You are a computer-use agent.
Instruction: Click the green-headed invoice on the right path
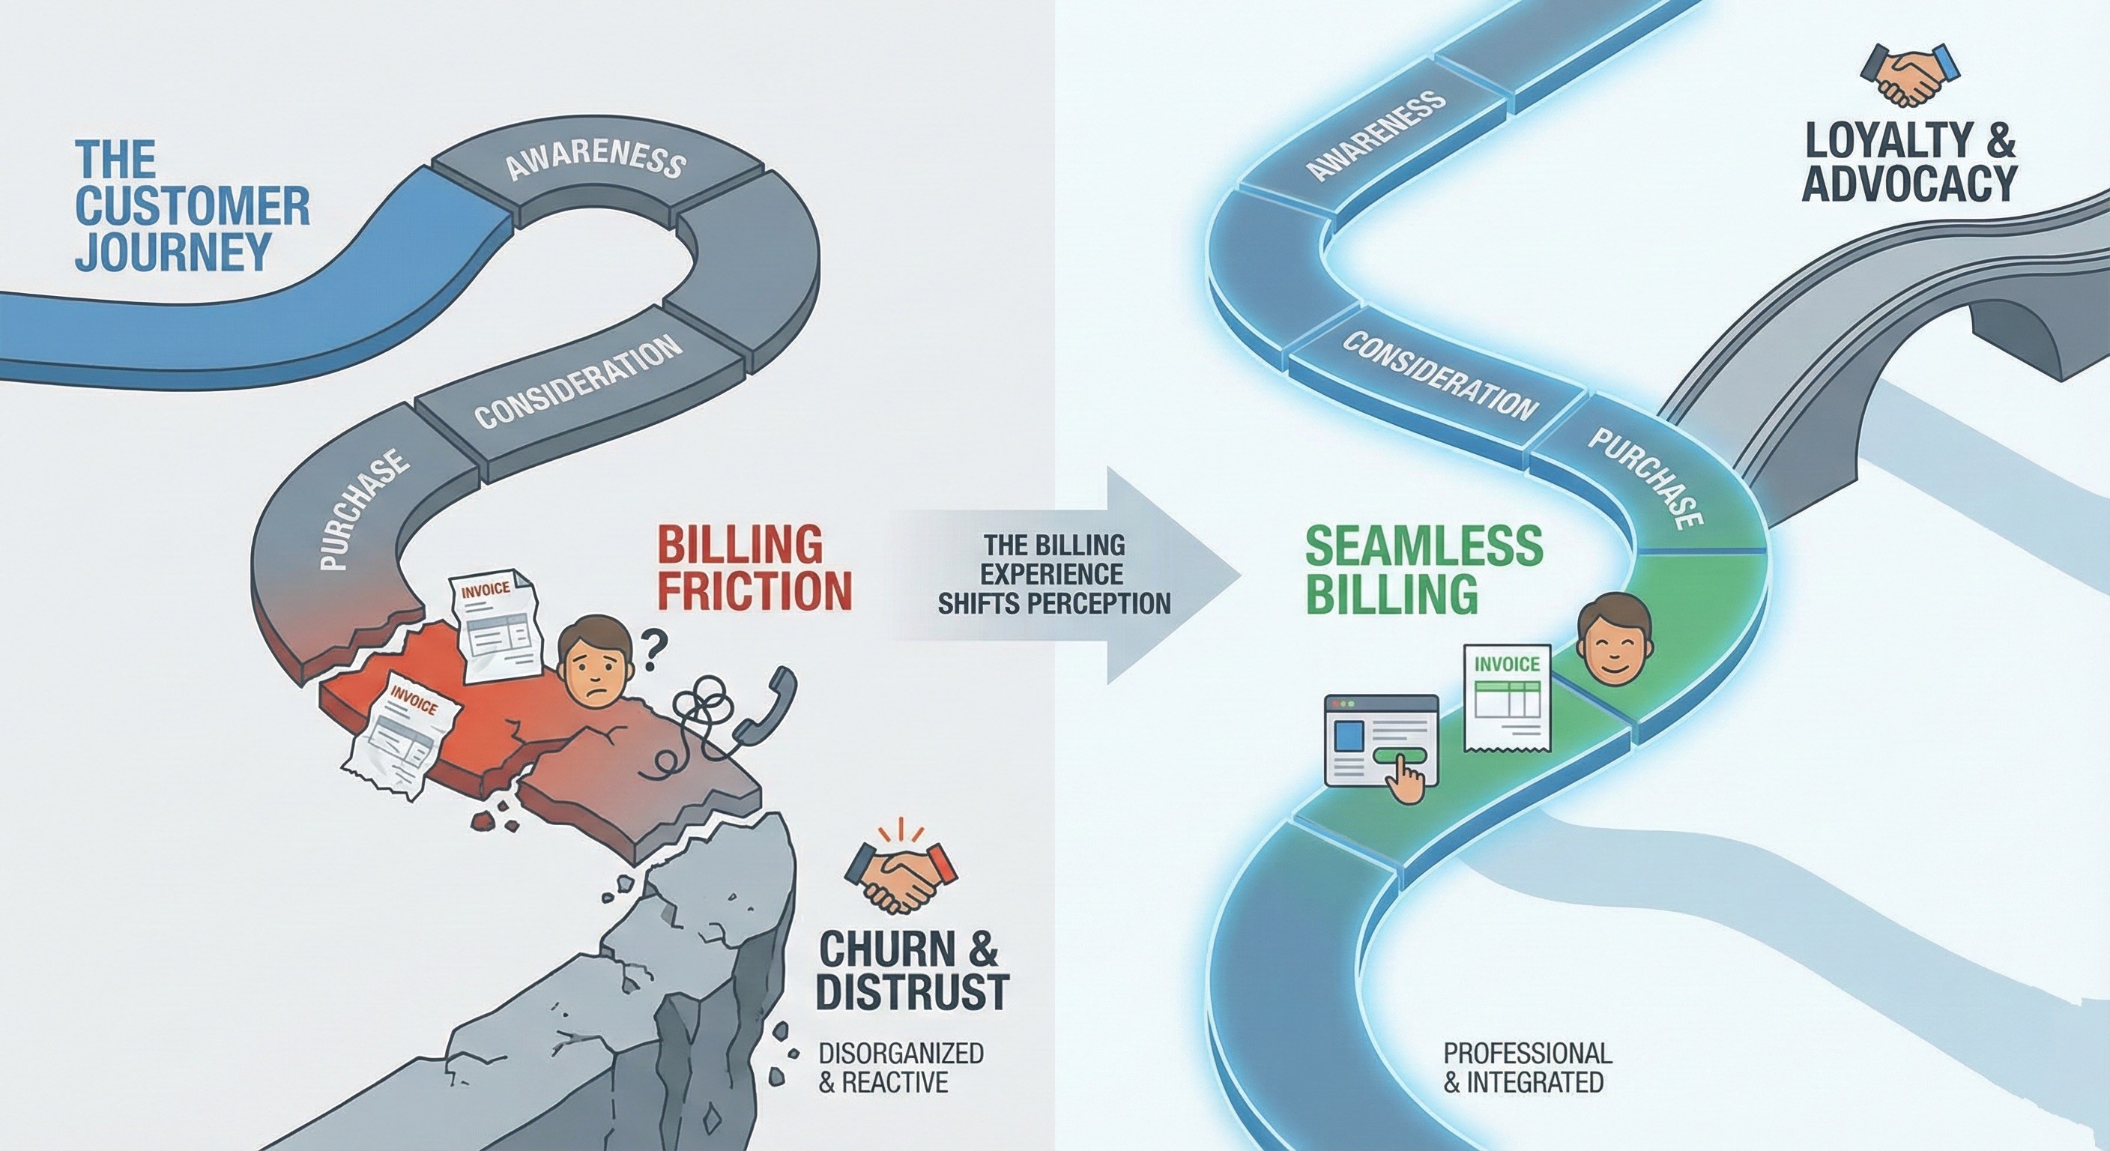[x=1506, y=697]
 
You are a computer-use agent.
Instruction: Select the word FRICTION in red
[x=755, y=590]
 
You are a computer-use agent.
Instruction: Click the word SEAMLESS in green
[x=1423, y=546]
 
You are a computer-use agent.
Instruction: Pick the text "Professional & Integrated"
[x=1527, y=1066]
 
